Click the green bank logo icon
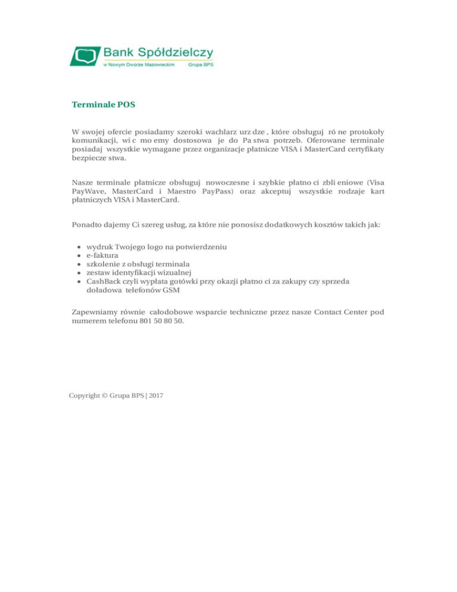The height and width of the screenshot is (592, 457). pos(86,56)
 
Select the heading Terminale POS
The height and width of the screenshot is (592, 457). pos(104,105)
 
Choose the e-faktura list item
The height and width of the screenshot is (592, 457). pos(102,255)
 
